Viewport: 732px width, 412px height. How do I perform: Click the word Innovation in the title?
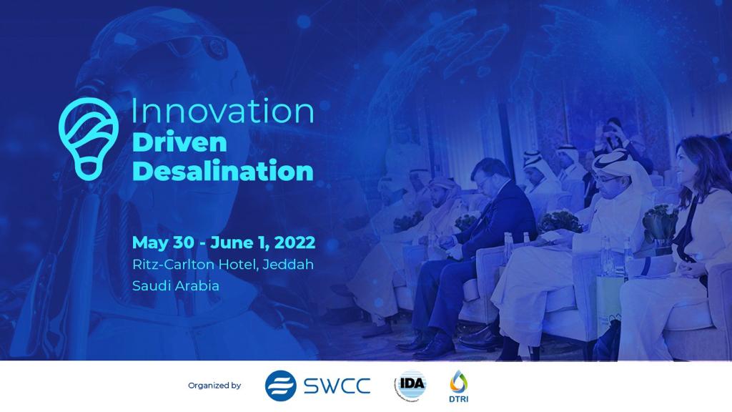pos(222,112)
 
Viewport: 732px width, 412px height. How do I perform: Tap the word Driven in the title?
pos(179,142)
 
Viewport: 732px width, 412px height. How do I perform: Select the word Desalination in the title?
pos(222,171)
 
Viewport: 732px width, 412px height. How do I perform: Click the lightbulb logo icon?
pos(89,137)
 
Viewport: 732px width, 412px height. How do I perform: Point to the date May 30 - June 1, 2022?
pos(223,242)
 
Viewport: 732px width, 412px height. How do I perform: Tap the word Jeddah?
pos(288,264)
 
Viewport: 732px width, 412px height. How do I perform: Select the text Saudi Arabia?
pos(176,285)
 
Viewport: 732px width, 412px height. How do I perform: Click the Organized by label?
pos(214,386)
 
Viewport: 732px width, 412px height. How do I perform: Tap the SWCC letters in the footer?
pos(337,386)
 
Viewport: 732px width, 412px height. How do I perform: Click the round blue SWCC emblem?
pos(280,386)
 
